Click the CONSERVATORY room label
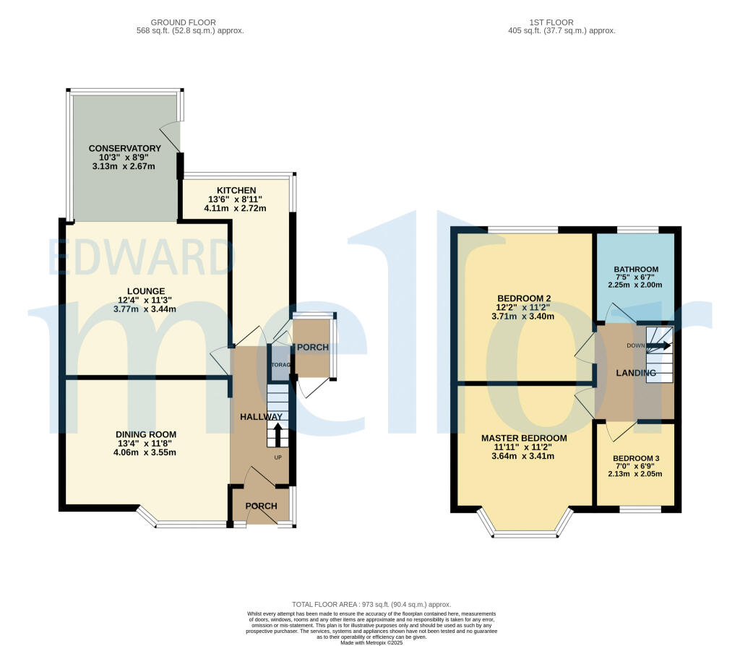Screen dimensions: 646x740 point(125,148)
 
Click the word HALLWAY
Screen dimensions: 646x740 point(261,417)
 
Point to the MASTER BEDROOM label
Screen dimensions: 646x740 point(524,438)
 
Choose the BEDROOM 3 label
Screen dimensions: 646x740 point(636,458)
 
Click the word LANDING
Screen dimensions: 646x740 point(636,373)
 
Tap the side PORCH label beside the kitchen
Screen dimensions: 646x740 point(312,348)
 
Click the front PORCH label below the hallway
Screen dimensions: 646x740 point(261,506)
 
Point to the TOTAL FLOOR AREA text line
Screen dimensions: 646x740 point(371,604)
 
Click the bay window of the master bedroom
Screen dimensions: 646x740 point(525,533)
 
